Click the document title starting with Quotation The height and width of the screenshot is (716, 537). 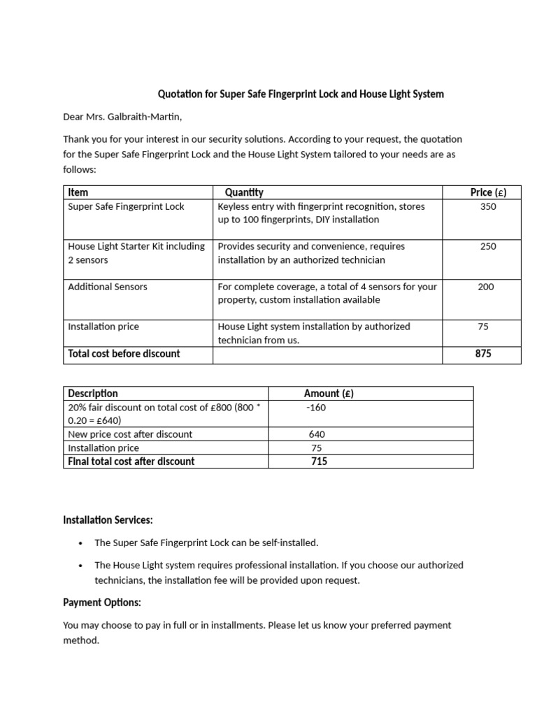pyautogui.click(x=301, y=94)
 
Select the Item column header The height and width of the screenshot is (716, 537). pyautogui.click(x=78, y=192)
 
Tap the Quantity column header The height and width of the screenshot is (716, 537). pyautogui.click(x=244, y=192)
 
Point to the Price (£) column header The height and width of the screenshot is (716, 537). pyautogui.click(x=488, y=192)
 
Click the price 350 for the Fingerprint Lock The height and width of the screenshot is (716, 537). pyautogui.click(x=488, y=206)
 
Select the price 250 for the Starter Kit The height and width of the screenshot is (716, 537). pyautogui.click(x=488, y=246)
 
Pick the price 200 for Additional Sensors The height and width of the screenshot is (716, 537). pyautogui.click(x=485, y=287)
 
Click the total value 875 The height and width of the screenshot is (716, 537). pyautogui.click(x=483, y=354)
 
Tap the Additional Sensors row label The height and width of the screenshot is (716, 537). pyautogui.click(x=108, y=287)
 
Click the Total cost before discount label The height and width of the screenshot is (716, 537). pyautogui.click(x=124, y=354)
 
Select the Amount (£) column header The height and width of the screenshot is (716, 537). pyautogui.click(x=329, y=394)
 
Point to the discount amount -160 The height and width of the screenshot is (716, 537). pyautogui.click(x=316, y=408)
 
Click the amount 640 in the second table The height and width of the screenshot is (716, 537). pyautogui.click(x=317, y=434)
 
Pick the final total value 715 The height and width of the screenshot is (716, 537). pyautogui.click(x=319, y=461)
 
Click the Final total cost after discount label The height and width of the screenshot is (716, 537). pyautogui.click(x=131, y=461)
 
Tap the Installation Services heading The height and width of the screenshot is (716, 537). pyautogui.click(x=108, y=520)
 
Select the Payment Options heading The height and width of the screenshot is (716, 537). pyautogui.click(x=102, y=603)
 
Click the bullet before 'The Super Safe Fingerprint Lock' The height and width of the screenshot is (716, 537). pyautogui.click(x=81, y=543)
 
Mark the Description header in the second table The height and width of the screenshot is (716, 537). pyautogui.click(x=93, y=394)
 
